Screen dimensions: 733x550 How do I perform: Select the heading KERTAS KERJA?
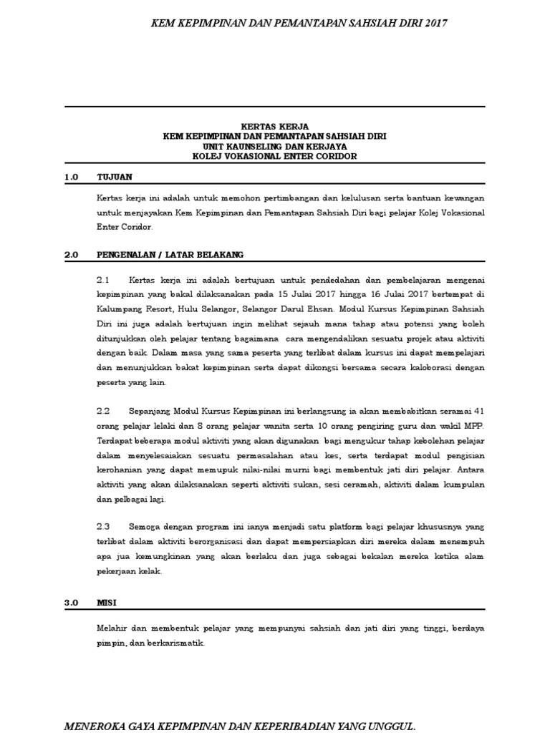coord(274,126)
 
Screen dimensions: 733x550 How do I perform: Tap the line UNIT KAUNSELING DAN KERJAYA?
coord(274,146)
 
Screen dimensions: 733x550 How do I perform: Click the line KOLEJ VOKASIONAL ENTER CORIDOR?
coord(274,156)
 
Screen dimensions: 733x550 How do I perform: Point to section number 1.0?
coord(71,176)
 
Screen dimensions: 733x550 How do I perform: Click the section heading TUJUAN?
coord(115,176)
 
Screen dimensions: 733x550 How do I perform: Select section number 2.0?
coord(71,254)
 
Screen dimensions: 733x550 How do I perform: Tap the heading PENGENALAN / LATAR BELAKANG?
coord(170,254)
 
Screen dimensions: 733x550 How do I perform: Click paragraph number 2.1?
coord(102,279)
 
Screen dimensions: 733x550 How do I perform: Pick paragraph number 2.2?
coord(102,412)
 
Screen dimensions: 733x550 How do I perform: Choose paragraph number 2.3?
coord(102,525)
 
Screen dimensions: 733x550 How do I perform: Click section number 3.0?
coord(71,603)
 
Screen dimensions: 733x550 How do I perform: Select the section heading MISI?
coord(107,603)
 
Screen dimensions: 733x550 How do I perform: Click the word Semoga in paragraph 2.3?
coord(147,525)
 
